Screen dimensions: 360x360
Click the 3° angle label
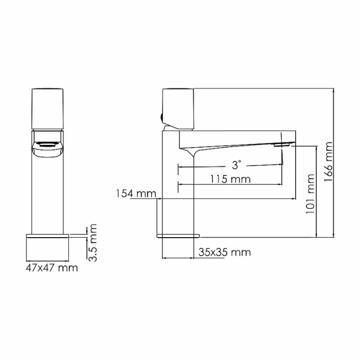pyautogui.click(x=236, y=165)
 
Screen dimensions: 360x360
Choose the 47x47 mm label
pyautogui.click(x=51, y=268)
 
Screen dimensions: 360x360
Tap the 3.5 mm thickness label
pyautogui.click(x=93, y=242)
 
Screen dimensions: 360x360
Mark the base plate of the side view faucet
pyautogui.click(x=177, y=236)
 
